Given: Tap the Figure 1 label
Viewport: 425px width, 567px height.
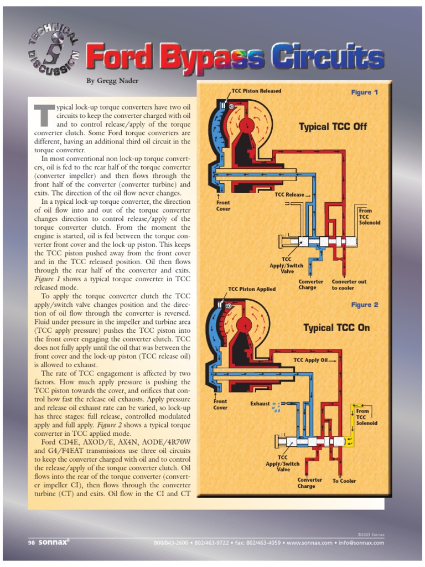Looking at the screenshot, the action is (x=365, y=92).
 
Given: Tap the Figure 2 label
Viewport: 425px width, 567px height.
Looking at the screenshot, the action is (x=365, y=305).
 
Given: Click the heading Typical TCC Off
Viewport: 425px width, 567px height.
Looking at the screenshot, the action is (x=333, y=127).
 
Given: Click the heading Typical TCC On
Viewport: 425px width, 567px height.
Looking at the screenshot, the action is (x=336, y=328).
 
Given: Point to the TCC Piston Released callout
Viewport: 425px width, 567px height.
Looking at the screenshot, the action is (x=256, y=91).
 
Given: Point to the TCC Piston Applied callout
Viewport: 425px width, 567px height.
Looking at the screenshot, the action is (x=252, y=289).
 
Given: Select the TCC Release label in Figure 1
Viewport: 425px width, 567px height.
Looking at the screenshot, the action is (x=289, y=195).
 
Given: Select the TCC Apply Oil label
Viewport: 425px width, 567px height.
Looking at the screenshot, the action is (x=310, y=360).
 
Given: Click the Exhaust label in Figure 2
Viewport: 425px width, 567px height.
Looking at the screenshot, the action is (x=260, y=404).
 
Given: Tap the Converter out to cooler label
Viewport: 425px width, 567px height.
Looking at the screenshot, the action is (x=349, y=285).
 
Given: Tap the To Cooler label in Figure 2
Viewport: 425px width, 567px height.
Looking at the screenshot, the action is (x=344, y=481).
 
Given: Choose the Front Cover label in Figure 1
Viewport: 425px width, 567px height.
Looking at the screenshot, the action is (x=223, y=206).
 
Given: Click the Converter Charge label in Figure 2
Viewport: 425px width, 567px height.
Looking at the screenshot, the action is (x=309, y=483).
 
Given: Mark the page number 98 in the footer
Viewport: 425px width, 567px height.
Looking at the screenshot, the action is (x=32, y=543).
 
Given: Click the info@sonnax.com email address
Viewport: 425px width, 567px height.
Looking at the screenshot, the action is (x=363, y=543).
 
